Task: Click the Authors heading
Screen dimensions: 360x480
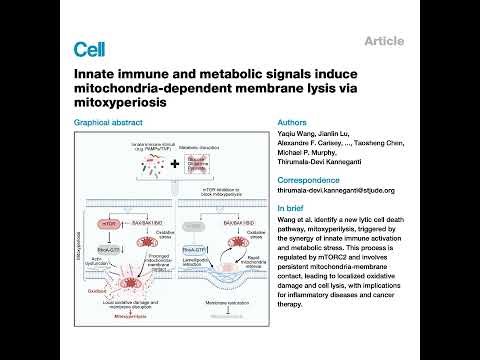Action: click(291, 125)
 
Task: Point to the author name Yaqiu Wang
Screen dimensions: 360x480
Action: click(298, 136)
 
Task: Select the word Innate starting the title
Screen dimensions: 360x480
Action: click(97, 73)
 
